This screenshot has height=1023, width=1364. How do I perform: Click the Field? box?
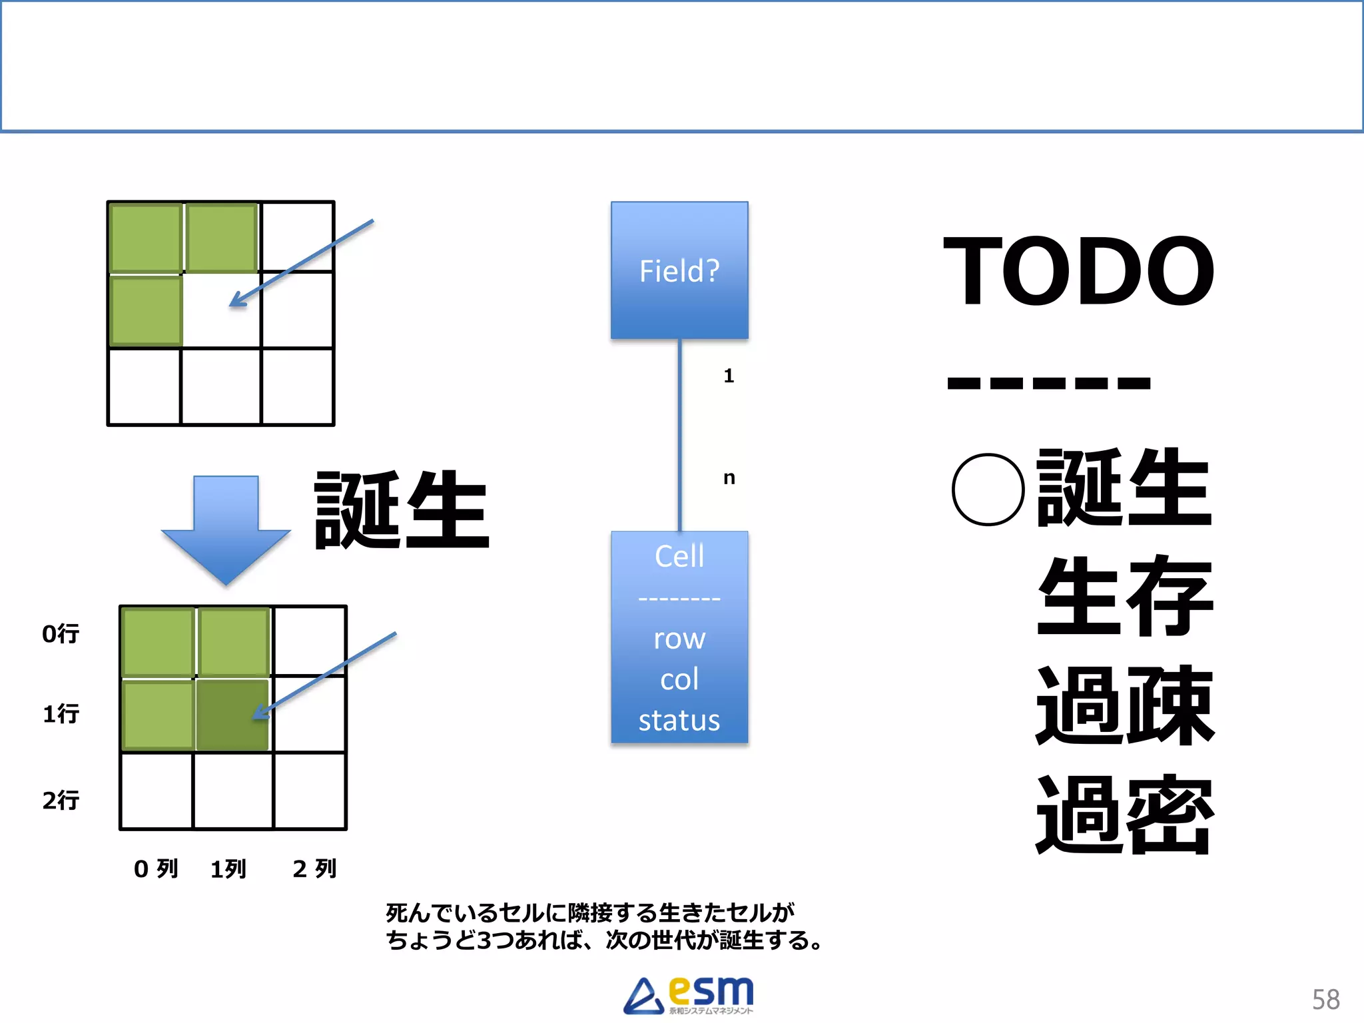pos(679,270)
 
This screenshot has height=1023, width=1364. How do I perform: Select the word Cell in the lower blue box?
pos(679,556)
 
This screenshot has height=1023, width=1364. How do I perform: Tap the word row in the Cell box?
pos(679,639)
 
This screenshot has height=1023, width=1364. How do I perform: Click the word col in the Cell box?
pos(679,679)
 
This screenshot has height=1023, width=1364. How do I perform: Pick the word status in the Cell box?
pos(679,721)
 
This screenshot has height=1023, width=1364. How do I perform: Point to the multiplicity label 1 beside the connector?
pos(729,376)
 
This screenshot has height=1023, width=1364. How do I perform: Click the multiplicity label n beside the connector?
pos(729,478)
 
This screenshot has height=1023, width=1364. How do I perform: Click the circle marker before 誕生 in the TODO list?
pos(988,490)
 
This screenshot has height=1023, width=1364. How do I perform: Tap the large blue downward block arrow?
pos(226,526)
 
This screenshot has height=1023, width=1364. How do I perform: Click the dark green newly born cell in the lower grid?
pos(232,715)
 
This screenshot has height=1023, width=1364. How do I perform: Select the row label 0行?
pos(61,633)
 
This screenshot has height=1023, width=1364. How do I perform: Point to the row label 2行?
pos(61,800)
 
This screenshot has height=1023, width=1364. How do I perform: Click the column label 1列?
pos(228,869)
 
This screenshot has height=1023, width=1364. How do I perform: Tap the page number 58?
pos(1325,1000)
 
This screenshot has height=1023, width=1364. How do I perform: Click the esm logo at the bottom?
pos(689,995)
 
